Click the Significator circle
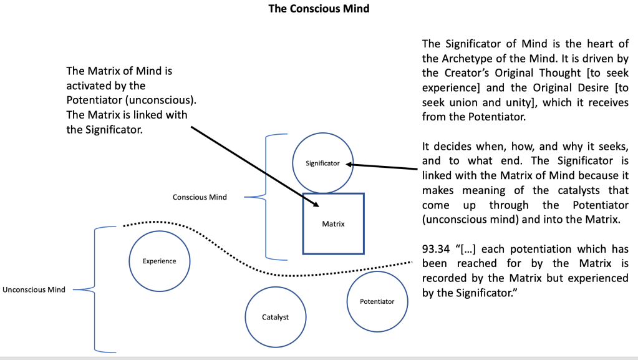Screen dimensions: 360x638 (322, 163)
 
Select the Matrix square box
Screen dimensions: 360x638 (333, 223)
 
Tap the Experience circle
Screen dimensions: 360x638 (159, 261)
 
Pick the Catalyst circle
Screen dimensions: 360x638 (275, 317)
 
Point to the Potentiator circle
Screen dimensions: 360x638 (377, 301)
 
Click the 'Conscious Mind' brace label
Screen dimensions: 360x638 (200, 197)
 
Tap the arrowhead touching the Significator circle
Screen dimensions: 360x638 (350, 165)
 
